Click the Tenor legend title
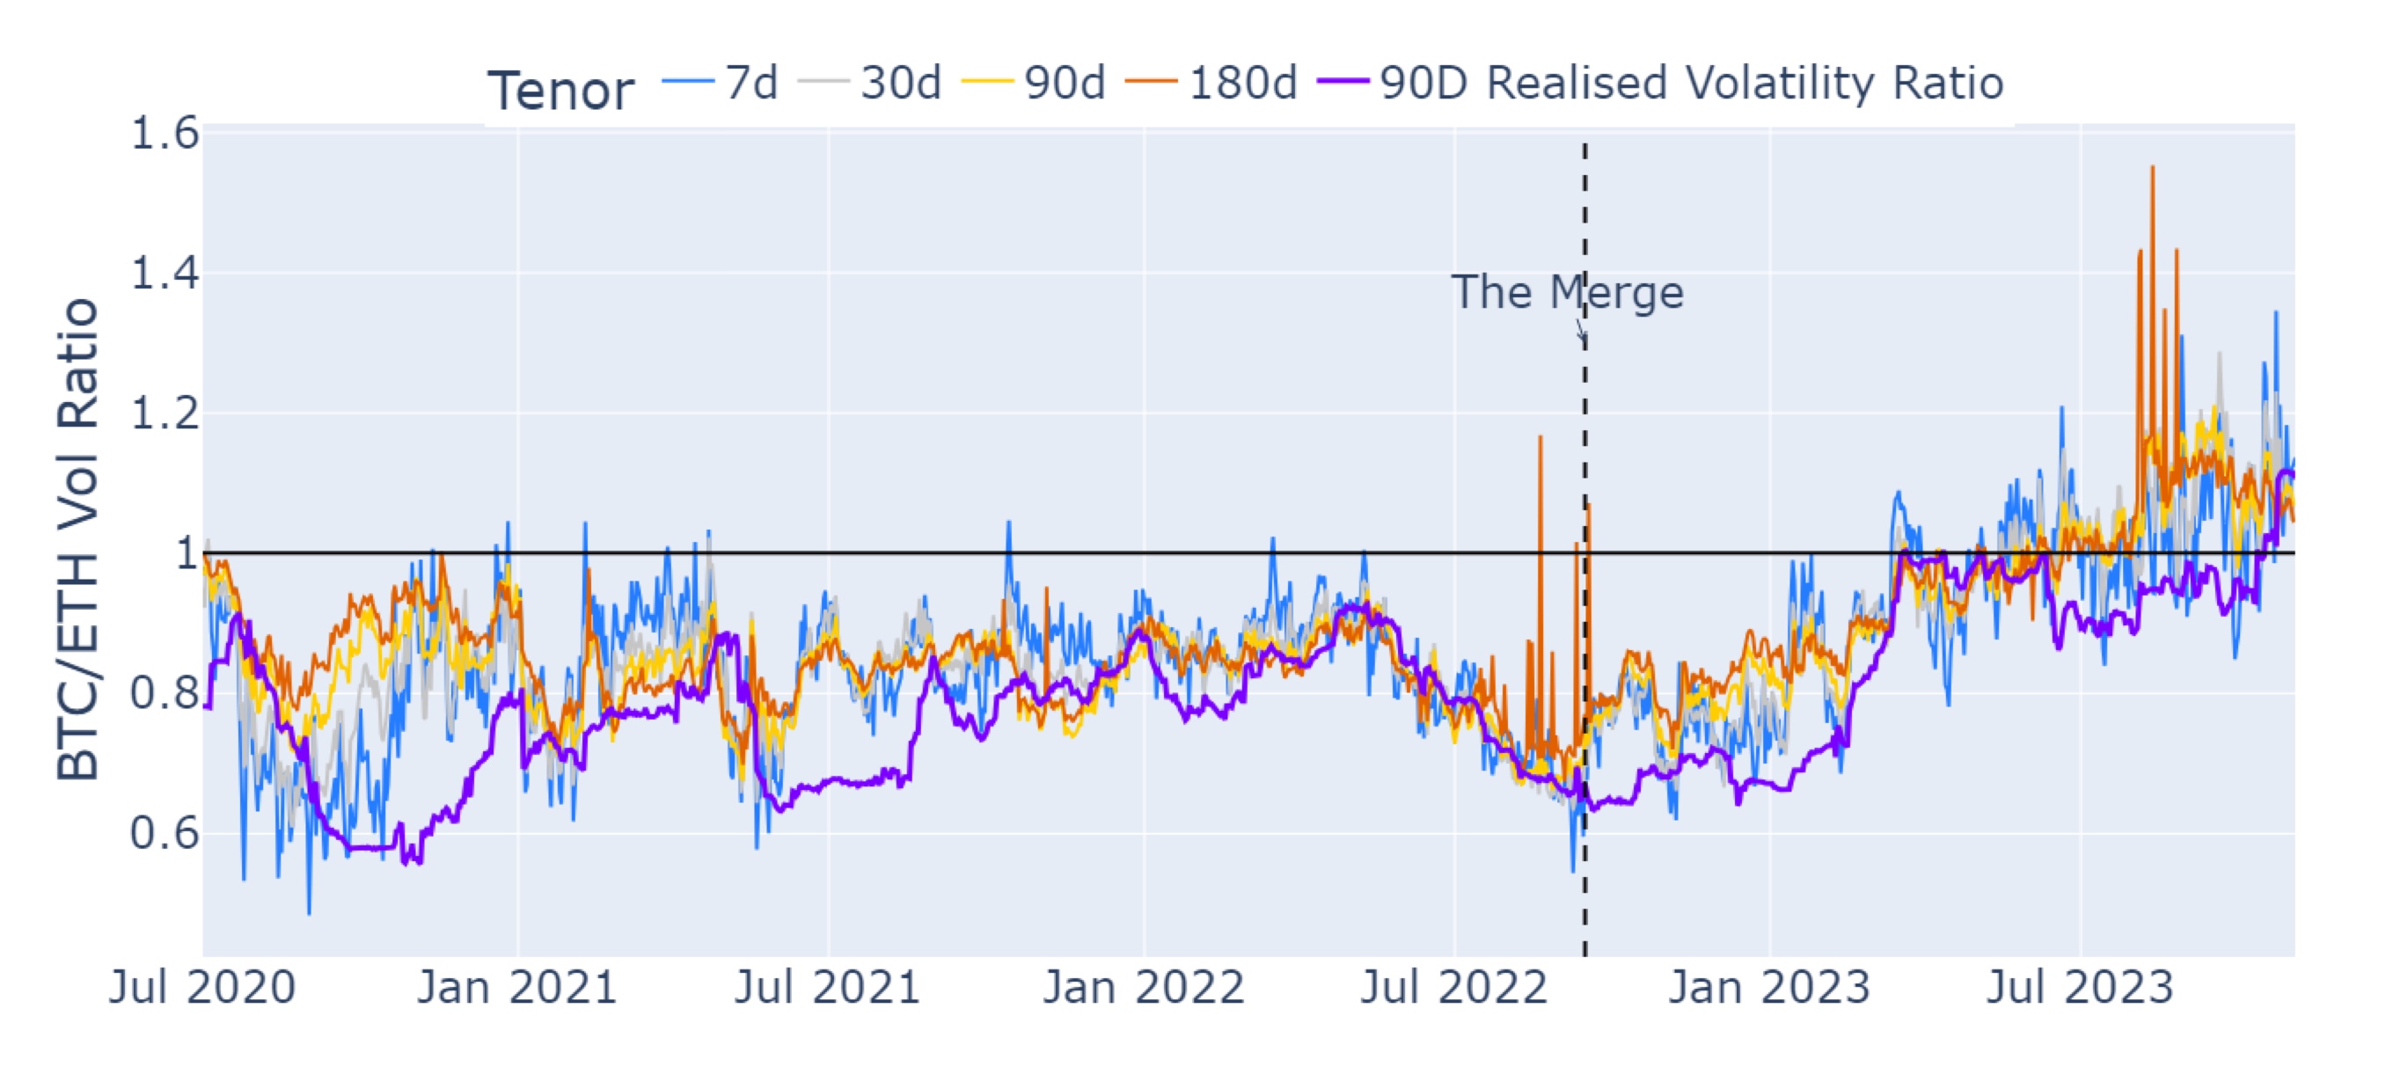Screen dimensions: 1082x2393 561,90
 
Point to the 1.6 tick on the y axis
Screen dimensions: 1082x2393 165,133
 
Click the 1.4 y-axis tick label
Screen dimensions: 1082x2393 165,273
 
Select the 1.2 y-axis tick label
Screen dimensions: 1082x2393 165,413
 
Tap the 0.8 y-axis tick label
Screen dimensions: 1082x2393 165,693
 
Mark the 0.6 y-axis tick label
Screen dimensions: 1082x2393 165,833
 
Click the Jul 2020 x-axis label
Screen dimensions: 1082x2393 202,986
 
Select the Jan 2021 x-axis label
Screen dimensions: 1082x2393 516,986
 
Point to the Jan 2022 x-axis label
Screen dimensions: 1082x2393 1144,986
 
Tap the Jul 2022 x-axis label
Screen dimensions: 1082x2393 1453,986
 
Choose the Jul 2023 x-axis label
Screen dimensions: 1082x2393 2080,986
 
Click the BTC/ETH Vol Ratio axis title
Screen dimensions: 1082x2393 78,538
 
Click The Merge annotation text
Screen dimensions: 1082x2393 1567,293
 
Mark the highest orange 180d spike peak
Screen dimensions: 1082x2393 2153,168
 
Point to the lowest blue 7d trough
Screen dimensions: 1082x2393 310,913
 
